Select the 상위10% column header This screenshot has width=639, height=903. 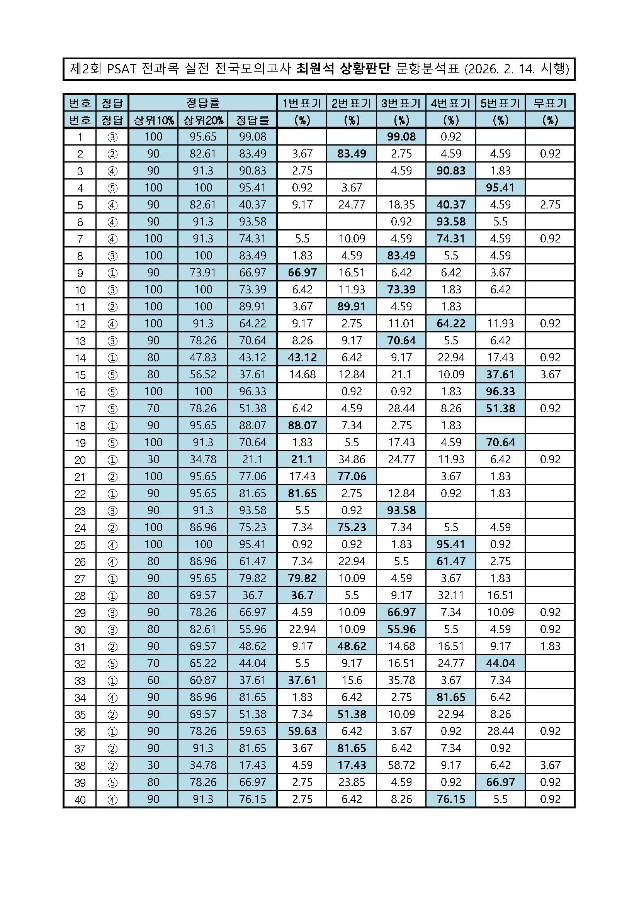(153, 120)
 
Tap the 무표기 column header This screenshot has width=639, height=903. (550, 103)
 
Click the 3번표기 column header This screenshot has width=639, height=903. (401, 103)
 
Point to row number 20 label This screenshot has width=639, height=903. (80, 460)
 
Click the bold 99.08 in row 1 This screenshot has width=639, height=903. (401, 137)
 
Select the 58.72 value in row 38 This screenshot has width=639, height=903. (401, 765)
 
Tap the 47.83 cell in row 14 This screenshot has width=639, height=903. (203, 357)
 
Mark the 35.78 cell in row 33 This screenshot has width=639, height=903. (401, 680)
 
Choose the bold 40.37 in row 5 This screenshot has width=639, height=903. (450, 205)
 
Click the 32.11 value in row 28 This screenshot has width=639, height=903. (450, 595)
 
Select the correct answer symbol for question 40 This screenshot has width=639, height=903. (112, 799)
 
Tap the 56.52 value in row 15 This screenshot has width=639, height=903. (203, 374)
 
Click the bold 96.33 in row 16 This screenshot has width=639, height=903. (500, 392)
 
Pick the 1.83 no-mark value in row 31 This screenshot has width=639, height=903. (550, 646)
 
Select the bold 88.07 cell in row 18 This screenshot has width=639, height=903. (302, 425)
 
